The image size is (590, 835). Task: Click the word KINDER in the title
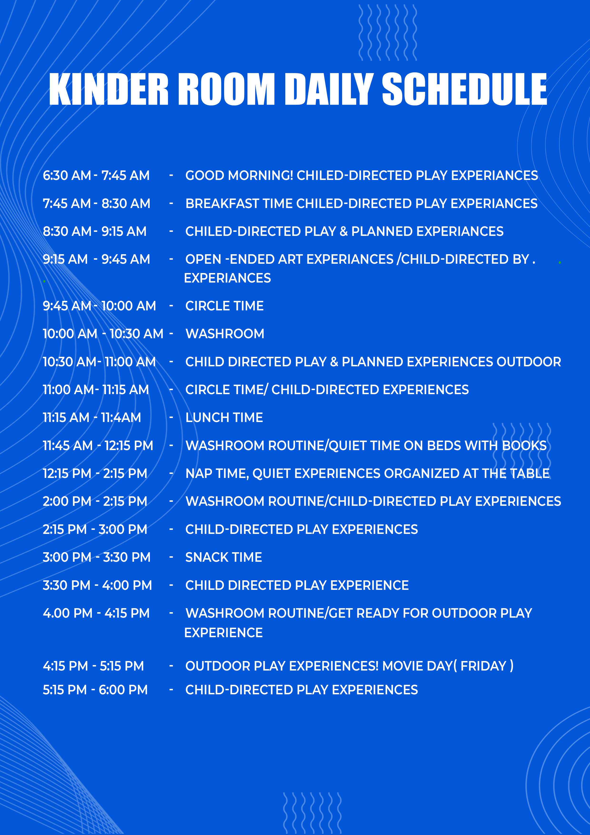pyautogui.click(x=109, y=89)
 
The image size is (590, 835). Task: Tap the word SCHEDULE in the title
pyautogui.click(x=465, y=89)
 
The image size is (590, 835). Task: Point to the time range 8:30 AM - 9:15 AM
pyautogui.click(x=94, y=231)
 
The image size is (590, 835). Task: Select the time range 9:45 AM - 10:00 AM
pyautogui.click(x=99, y=306)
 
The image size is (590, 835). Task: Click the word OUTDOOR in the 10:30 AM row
pyautogui.click(x=529, y=362)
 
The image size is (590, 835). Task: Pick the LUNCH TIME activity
pyautogui.click(x=224, y=417)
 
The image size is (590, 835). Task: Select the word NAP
pyautogui.click(x=199, y=473)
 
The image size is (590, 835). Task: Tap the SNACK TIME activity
pyautogui.click(x=224, y=557)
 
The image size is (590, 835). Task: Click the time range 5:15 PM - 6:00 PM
pyautogui.click(x=95, y=690)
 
